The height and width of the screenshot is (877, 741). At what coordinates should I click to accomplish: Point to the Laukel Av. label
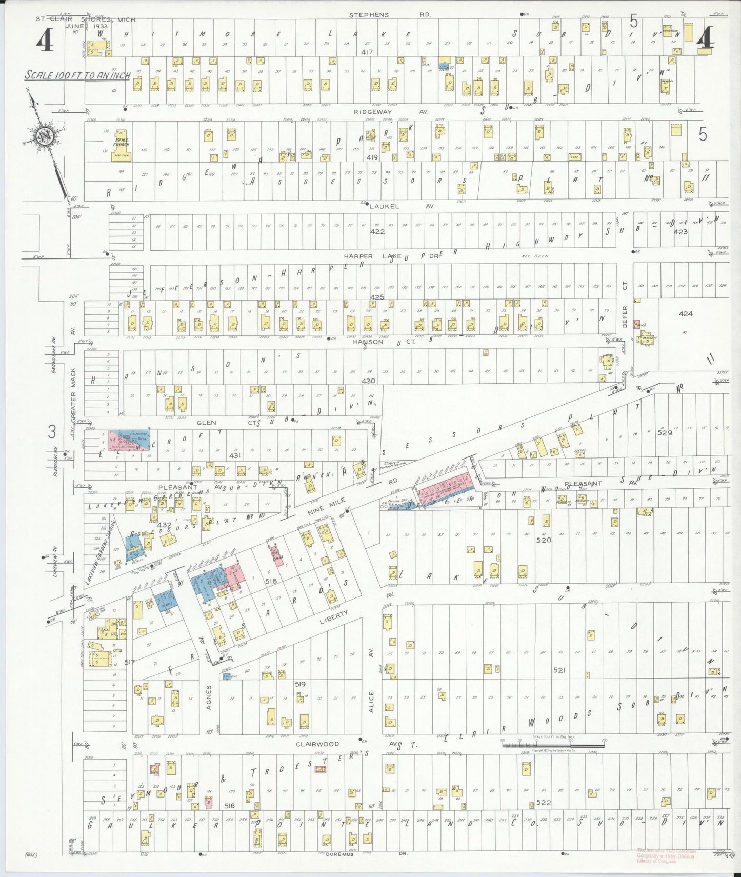coord(402,206)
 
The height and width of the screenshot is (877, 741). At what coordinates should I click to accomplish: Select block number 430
coord(368,381)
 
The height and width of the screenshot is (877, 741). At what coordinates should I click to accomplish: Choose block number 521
coord(559,670)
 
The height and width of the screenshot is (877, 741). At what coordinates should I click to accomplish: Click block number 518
coord(271,581)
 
